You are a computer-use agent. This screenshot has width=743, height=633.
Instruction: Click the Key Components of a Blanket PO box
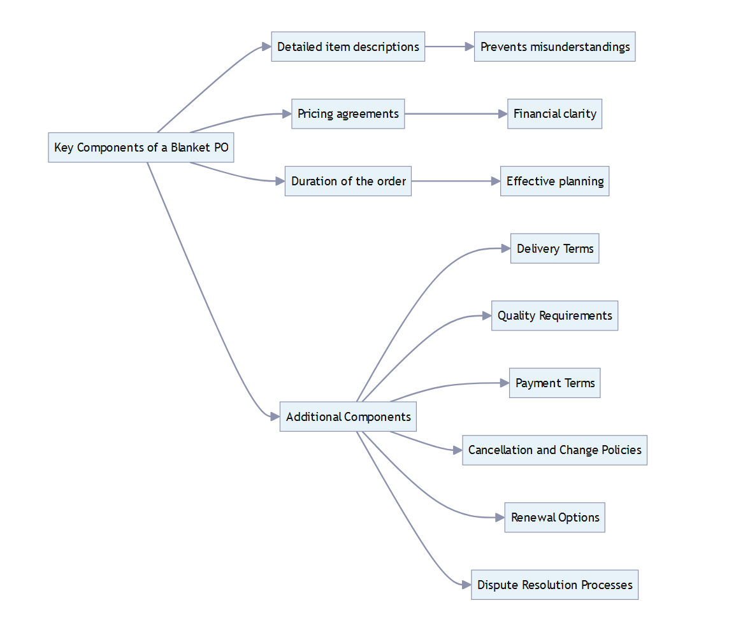pyautogui.click(x=141, y=148)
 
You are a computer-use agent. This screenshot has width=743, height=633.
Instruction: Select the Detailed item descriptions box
pyautogui.click(x=348, y=46)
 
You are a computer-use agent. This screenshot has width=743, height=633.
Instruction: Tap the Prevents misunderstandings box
pyautogui.click(x=554, y=46)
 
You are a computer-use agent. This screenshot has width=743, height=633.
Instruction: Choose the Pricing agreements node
pyautogui.click(x=348, y=114)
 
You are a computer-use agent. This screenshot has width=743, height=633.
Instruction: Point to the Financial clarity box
pyautogui.click(x=554, y=114)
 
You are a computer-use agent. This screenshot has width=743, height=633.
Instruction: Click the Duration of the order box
pyautogui.click(x=348, y=181)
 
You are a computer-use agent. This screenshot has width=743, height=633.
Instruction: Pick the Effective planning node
pyautogui.click(x=554, y=181)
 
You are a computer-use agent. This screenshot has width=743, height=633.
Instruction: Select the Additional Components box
pyautogui.click(x=348, y=417)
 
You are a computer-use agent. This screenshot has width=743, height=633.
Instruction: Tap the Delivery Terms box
pyautogui.click(x=554, y=248)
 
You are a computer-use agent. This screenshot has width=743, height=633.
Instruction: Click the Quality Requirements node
pyautogui.click(x=554, y=316)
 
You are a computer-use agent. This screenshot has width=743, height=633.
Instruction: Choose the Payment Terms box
pyautogui.click(x=554, y=383)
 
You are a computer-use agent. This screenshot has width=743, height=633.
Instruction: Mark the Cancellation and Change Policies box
pyautogui.click(x=554, y=450)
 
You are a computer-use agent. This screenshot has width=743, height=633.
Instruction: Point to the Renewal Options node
pyautogui.click(x=554, y=518)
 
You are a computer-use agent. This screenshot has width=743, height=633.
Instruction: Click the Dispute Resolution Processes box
pyautogui.click(x=554, y=585)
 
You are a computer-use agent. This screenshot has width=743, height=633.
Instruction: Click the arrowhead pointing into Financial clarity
pyautogui.click(x=502, y=114)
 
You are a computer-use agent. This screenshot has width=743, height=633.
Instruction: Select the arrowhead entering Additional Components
pyautogui.click(x=275, y=417)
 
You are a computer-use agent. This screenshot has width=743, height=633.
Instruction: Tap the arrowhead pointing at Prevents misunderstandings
pyautogui.click(x=469, y=46)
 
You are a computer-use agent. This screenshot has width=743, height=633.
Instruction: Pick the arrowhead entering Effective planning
pyautogui.click(x=495, y=181)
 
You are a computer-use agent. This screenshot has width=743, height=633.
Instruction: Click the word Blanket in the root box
pyautogui.click(x=191, y=148)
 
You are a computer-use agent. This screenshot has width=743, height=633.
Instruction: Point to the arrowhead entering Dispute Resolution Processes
pyautogui.click(x=466, y=585)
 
